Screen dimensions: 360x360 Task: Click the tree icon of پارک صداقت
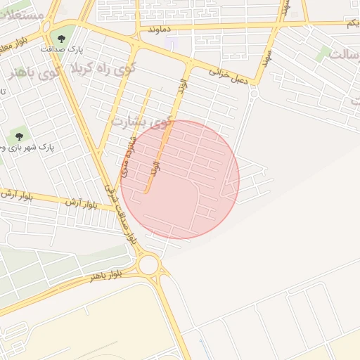61,39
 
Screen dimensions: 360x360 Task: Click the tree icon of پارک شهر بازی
18,136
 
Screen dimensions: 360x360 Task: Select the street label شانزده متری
127,159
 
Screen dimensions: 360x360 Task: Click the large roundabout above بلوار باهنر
149,264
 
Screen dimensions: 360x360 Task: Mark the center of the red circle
180,180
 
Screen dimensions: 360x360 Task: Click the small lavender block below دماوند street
172,43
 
